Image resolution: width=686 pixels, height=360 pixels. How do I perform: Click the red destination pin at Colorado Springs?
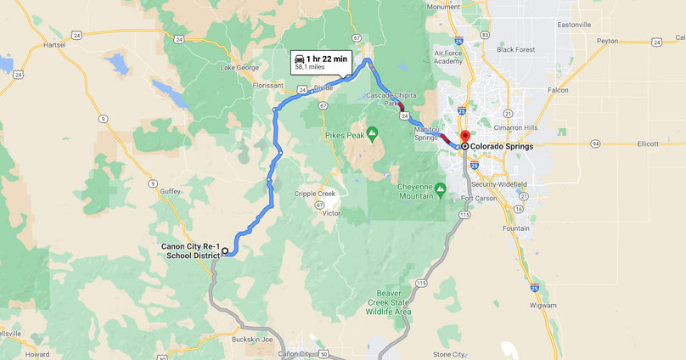[x=464, y=137]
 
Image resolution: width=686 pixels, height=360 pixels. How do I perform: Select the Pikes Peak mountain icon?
[x=372, y=133]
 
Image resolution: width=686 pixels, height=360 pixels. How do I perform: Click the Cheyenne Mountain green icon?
[x=440, y=188]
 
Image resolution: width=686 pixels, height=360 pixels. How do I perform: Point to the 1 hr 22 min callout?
[x=321, y=61]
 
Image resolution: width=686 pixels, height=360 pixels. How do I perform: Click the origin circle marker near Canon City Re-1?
[x=225, y=251]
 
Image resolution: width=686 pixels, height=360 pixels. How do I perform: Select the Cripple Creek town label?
[x=315, y=194]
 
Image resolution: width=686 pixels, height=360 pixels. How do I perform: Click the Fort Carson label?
[x=479, y=199]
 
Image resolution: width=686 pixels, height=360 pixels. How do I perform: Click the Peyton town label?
[x=607, y=41]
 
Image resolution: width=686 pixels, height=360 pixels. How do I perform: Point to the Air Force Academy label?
[x=447, y=56]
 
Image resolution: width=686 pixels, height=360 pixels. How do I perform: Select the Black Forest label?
[x=516, y=49]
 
